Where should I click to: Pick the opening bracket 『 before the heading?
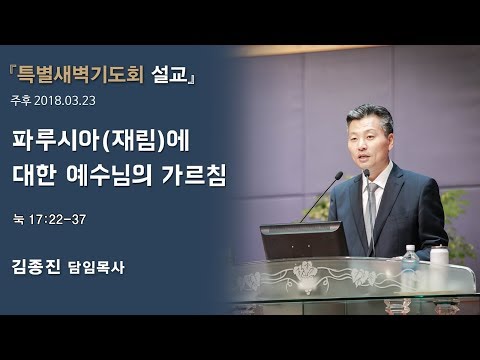coord(20,74)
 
